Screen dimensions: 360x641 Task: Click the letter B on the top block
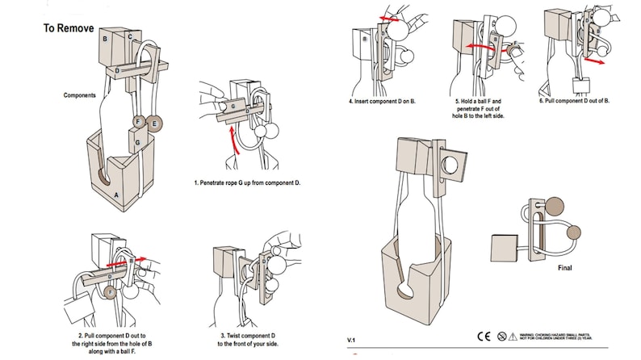(x=105, y=39)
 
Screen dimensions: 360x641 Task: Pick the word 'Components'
(x=81, y=95)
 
